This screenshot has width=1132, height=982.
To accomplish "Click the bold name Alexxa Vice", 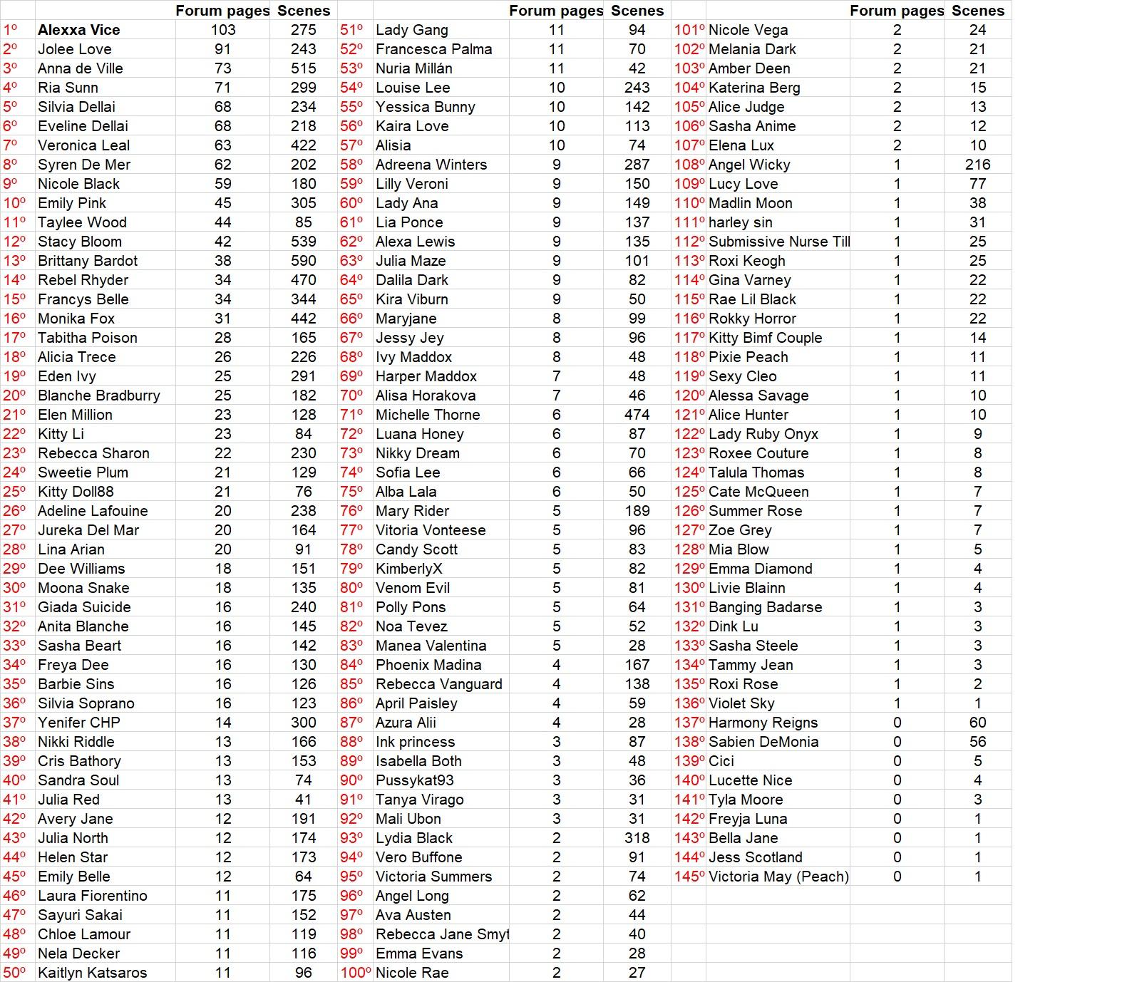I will (x=78, y=30).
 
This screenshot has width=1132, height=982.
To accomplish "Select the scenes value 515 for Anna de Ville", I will (x=303, y=68).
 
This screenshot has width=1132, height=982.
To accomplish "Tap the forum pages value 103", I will (x=222, y=30).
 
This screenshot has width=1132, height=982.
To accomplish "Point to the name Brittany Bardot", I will (x=88, y=261).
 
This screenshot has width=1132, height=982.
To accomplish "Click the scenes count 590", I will (x=303, y=261).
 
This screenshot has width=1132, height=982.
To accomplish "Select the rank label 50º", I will (x=14, y=973).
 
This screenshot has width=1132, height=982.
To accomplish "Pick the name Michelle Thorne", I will (x=428, y=415).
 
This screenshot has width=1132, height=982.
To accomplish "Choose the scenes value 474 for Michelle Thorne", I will (x=637, y=415).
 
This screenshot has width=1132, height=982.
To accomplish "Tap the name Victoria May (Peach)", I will (x=778, y=877).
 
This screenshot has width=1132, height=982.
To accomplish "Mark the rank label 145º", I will (x=689, y=877).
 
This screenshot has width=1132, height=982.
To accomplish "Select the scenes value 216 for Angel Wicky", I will (x=977, y=165).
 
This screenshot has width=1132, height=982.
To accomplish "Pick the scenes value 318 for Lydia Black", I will (x=637, y=838).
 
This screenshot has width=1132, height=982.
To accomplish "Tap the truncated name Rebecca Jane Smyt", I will (x=442, y=934).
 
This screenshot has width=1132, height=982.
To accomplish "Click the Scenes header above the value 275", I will (x=304, y=11).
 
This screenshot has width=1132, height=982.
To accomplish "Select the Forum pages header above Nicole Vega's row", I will (x=897, y=11).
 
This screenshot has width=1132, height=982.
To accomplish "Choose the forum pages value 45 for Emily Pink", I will (x=222, y=203).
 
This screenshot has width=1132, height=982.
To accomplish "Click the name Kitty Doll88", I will (x=76, y=492).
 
